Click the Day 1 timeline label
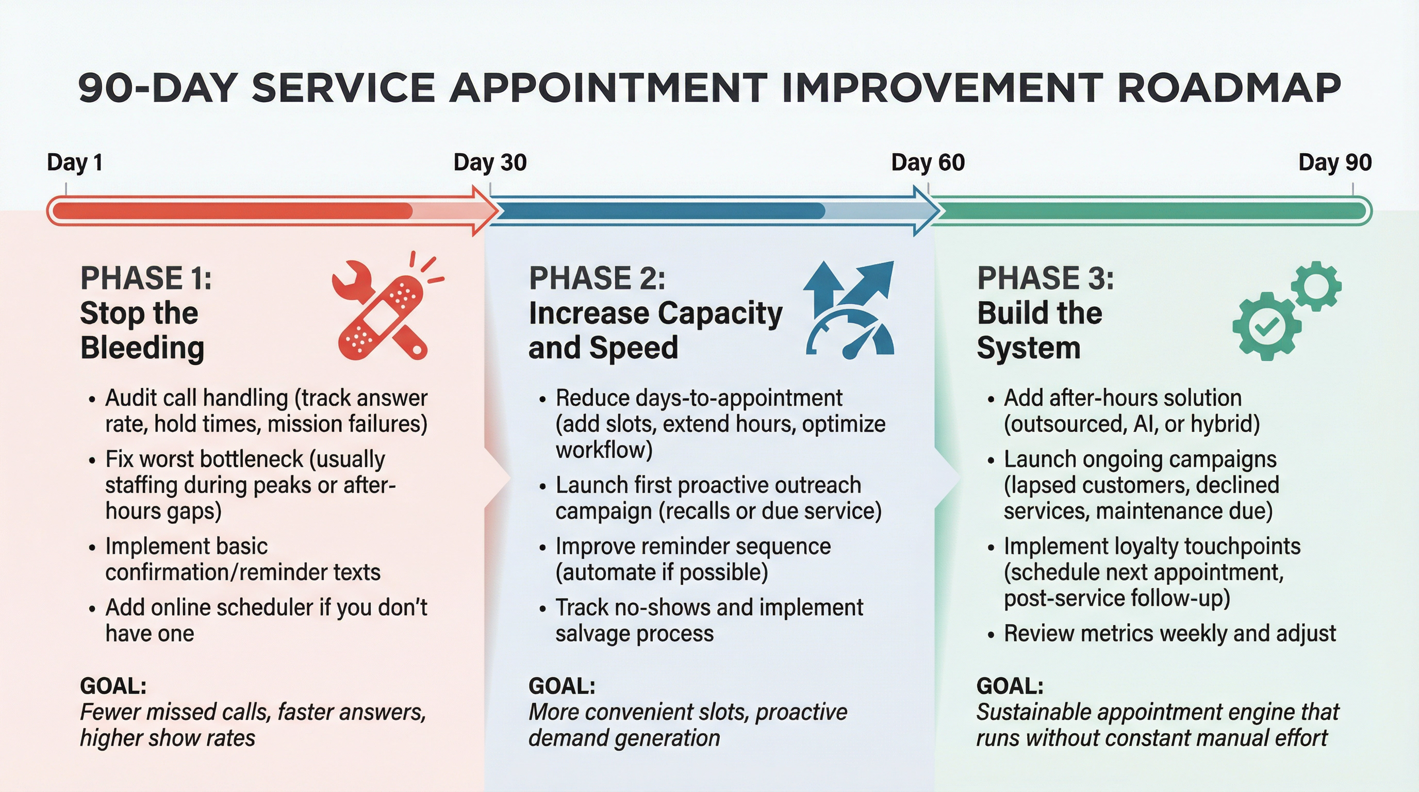click(x=74, y=162)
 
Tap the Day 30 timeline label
click(x=490, y=162)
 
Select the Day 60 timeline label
click(x=928, y=162)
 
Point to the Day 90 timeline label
click(x=1335, y=162)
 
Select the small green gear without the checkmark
click(x=1316, y=286)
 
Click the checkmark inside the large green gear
click(x=1266, y=327)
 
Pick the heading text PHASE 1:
click(x=146, y=277)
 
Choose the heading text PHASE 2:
click(x=597, y=277)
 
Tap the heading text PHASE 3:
click(x=1045, y=277)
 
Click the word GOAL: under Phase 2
click(x=562, y=686)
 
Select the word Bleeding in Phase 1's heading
click(x=142, y=348)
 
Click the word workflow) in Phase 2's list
click(x=604, y=450)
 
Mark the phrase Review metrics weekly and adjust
click(x=1169, y=633)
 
